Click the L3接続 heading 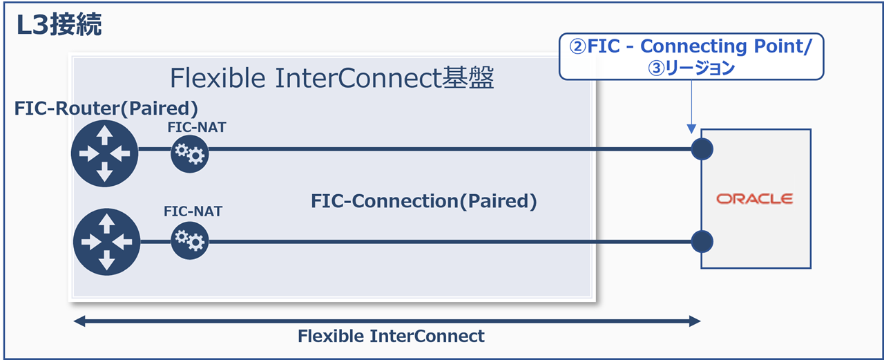coord(59,25)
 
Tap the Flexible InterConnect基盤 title coord(331,78)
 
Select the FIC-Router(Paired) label coord(106,108)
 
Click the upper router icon coord(104,152)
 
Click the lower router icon coord(106,241)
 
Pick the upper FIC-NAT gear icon coord(190,153)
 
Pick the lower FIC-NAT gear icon coord(190,240)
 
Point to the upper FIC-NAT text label coord(196,127)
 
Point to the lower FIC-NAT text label coord(193,211)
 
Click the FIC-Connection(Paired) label coord(424,201)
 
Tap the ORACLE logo coord(754,199)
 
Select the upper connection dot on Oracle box coord(702,149)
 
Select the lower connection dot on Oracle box coord(702,241)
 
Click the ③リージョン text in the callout coord(691,68)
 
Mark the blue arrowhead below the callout coord(691,129)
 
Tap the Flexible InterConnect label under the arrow coord(391,337)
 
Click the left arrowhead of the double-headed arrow coord(80,321)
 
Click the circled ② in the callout coord(577,47)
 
